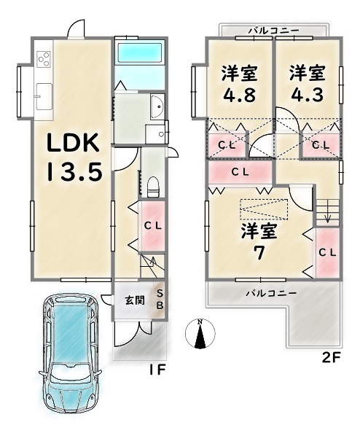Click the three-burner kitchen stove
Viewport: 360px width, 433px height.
click(x=42, y=58)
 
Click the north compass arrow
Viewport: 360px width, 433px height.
click(x=200, y=334)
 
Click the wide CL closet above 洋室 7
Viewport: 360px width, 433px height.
click(x=239, y=173)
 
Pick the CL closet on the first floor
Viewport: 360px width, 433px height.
click(x=152, y=225)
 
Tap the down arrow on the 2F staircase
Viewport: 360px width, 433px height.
click(x=327, y=215)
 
